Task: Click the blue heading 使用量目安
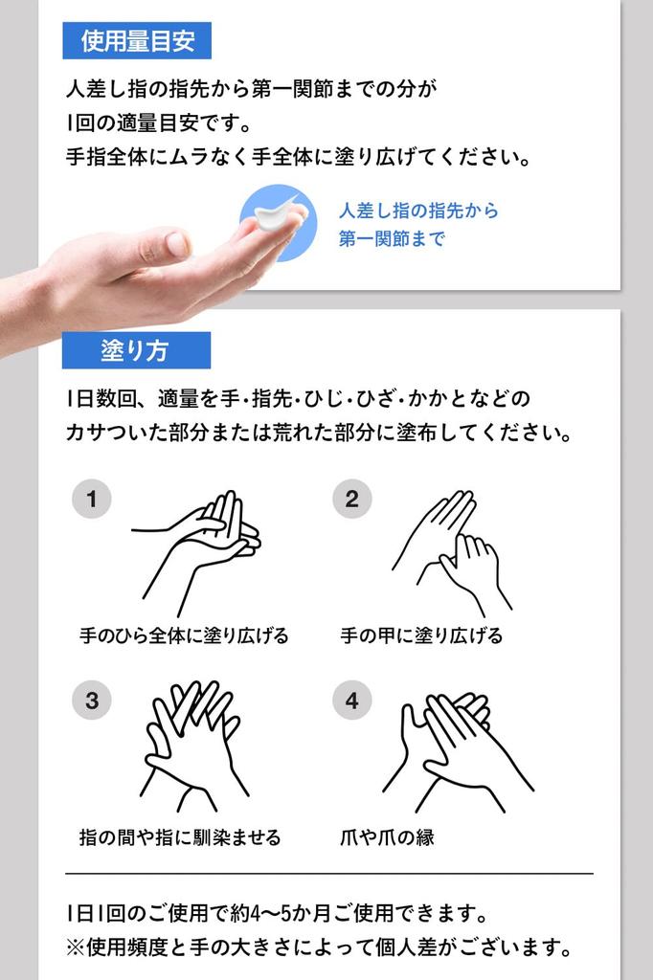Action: [137, 41]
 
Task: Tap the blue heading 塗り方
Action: [135, 350]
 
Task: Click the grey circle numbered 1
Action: [92, 500]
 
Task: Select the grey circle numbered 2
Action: [351, 500]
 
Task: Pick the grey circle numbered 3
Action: [92, 701]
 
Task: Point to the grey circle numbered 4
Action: [351, 701]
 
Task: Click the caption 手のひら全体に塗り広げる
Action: [184, 635]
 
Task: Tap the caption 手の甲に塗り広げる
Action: [421, 635]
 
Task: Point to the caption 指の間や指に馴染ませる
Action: [180, 837]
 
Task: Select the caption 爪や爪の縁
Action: [387, 837]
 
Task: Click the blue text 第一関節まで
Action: [392, 239]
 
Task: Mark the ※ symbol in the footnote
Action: [76, 948]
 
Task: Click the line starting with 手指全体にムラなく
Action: [298, 156]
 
